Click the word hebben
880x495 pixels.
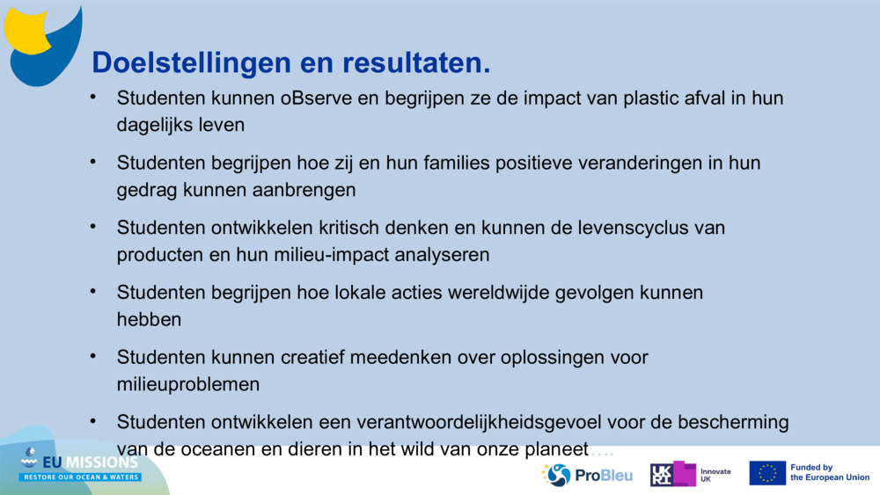(149, 320)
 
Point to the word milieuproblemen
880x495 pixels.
(188, 385)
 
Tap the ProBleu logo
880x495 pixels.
(588, 475)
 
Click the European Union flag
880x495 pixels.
(767, 473)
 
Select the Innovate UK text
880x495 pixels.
(715, 475)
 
